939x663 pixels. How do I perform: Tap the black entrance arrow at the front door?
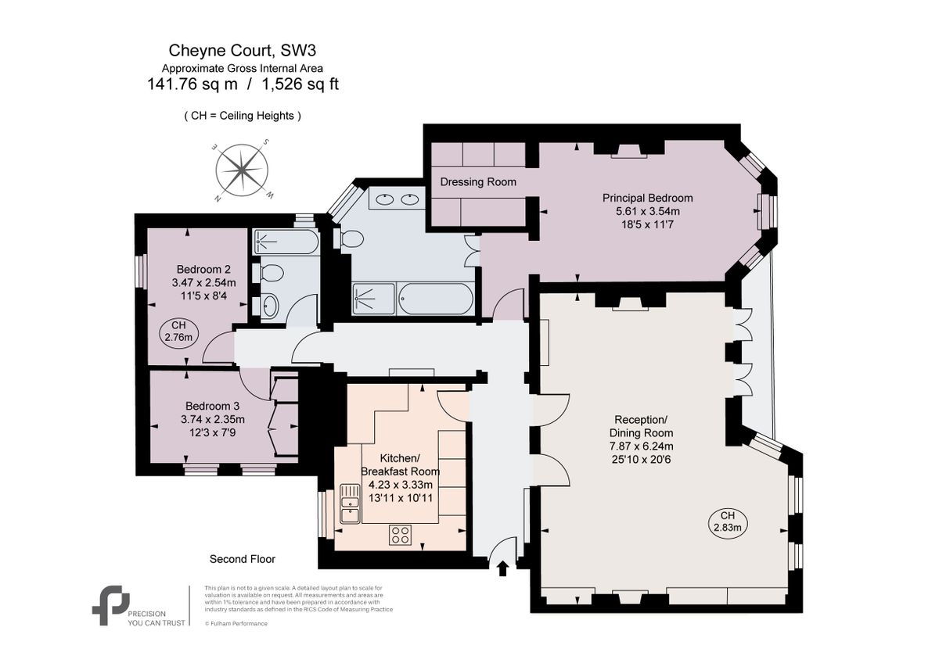coord(502,568)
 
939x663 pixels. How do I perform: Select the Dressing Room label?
coord(478,182)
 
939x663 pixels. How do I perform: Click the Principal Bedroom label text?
coord(647,198)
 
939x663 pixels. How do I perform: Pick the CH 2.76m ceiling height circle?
coord(179,331)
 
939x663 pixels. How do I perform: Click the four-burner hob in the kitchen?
coord(401,535)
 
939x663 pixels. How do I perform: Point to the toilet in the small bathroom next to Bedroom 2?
coord(272,273)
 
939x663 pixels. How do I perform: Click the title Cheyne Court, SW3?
coord(243,52)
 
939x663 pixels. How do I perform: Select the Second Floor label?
coord(242,559)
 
